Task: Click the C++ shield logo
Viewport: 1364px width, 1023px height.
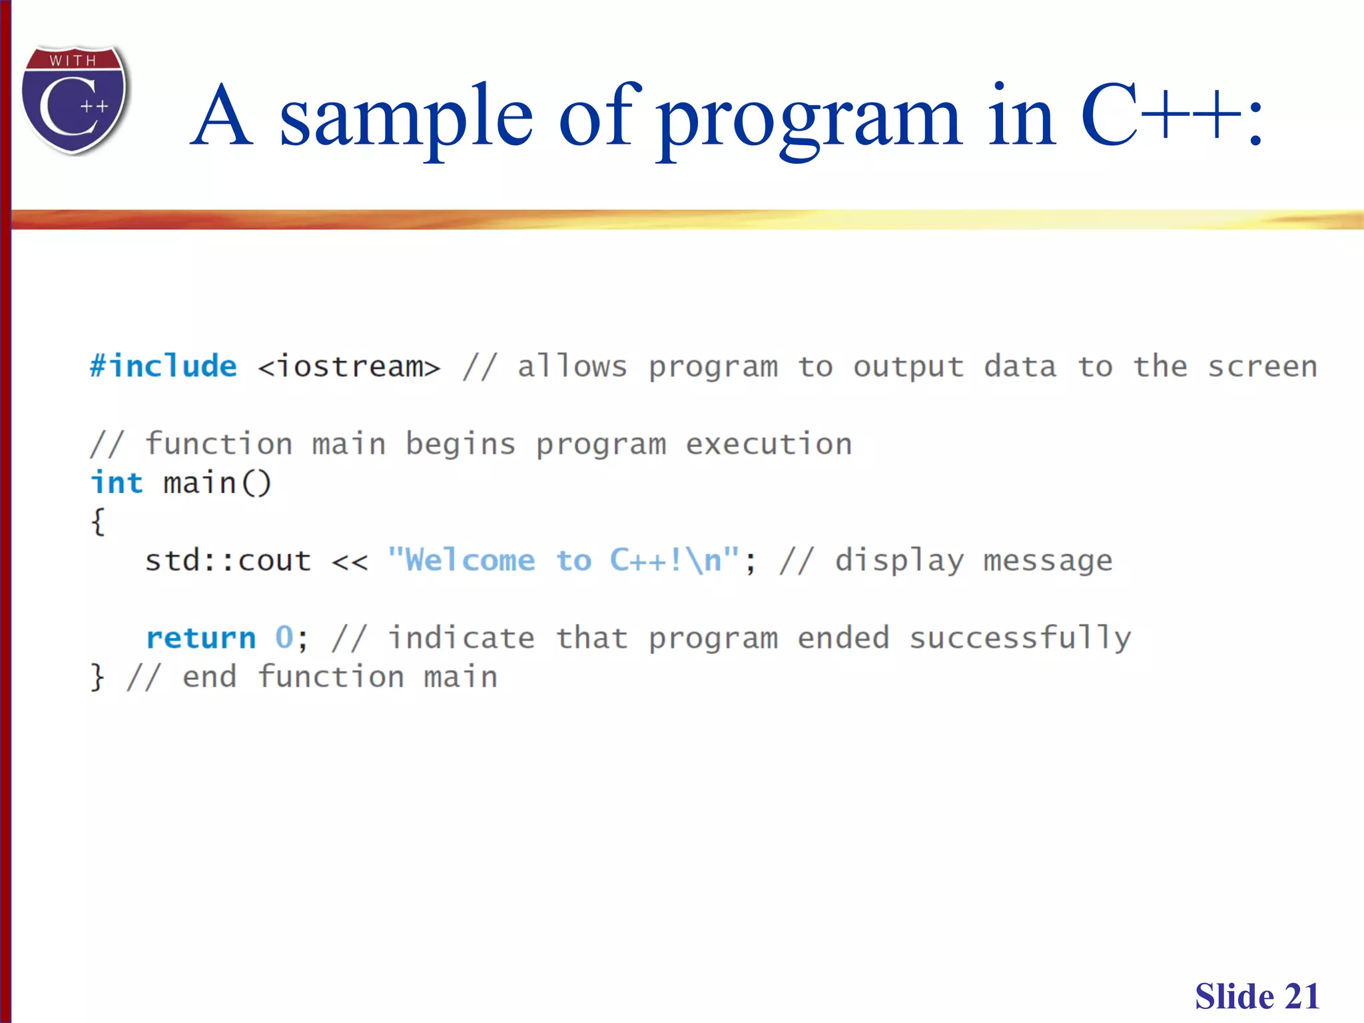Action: [74, 100]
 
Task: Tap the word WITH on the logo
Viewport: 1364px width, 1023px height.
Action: [73, 61]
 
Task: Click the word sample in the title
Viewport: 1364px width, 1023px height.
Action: [406, 118]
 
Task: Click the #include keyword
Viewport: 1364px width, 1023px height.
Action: [163, 366]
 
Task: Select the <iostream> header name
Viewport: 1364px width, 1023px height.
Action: [349, 366]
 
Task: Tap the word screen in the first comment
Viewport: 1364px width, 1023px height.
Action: [1262, 366]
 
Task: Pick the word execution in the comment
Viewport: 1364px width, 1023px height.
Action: [769, 444]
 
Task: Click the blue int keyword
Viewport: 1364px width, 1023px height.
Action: [117, 483]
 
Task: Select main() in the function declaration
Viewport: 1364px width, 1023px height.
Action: [217, 483]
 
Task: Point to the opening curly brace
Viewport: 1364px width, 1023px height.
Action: [98, 521]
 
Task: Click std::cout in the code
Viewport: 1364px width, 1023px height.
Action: [228, 560]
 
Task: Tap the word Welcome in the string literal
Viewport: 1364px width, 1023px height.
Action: [470, 560]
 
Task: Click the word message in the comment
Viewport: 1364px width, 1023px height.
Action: [1048, 561]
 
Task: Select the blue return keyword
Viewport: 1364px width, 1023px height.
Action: [200, 638]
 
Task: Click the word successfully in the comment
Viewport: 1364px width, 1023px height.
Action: [1020, 638]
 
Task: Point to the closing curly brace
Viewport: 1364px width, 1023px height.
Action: [98, 677]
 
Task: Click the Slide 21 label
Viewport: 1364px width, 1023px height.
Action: [1257, 996]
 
